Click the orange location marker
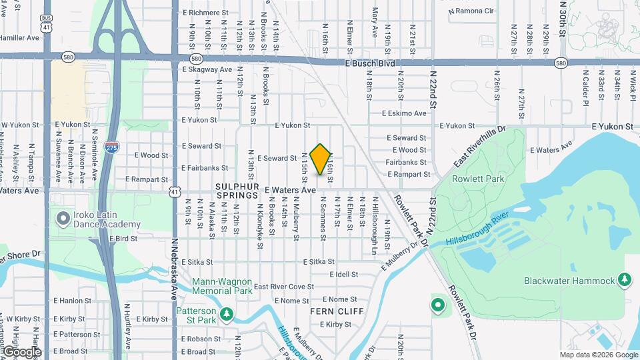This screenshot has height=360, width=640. point(321,159)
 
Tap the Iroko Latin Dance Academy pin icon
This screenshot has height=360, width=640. point(64,218)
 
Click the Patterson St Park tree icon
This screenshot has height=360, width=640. point(227,313)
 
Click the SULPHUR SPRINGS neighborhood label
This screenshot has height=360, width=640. point(237,191)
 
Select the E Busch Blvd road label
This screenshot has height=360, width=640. point(370,63)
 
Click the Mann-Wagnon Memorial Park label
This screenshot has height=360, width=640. point(222,285)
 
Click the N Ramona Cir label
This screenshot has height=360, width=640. point(471,11)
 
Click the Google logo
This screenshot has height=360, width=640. point(21,351)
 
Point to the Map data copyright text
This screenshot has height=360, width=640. point(598,355)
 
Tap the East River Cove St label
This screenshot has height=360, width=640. point(283,287)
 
